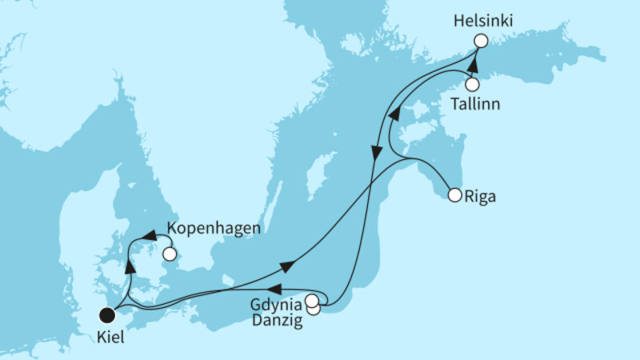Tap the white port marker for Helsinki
point(480,41)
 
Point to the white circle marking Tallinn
point(472,84)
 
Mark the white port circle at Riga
point(455,194)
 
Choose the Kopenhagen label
point(214,228)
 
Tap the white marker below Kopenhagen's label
point(169,254)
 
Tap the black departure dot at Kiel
point(106,314)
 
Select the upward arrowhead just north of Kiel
point(128,266)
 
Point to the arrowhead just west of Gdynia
point(274,288)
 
